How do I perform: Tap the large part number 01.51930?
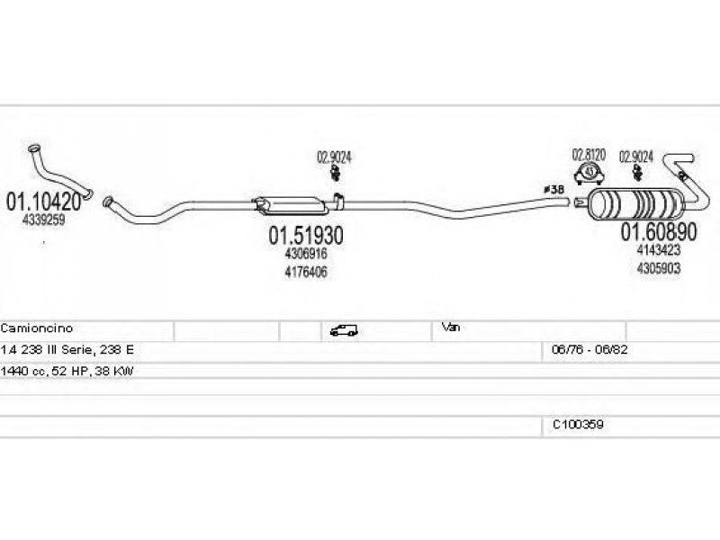[306, 236]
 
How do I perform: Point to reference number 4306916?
[306, 255]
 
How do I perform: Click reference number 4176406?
[306, 271]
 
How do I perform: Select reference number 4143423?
[658, 251]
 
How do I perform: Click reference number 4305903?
[658, 267]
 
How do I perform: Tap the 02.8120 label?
[589, 155]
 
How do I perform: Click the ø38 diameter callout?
[553, 190]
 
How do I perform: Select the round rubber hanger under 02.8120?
[589, 172]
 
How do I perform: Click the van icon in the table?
[343, 330]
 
